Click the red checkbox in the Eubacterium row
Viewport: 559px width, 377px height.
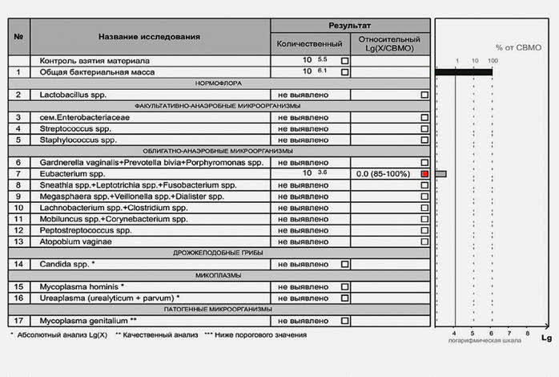pyautogui.click(x=424, y=173)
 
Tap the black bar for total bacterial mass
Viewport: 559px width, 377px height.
pyautogui.click(x=463, y=72)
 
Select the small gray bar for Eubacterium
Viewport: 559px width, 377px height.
pyautogui.click(x=440, y=173)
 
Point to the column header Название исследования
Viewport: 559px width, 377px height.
pyautogui.click(x=149, y=37)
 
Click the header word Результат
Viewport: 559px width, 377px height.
pyautogui.click(x=350, y=26)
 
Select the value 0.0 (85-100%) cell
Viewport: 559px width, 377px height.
pyautogui.click(x=384, y=173)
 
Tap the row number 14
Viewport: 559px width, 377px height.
pyautogui.click(x=18, y=264)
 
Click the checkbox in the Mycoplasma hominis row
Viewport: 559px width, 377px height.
pyautogui.click(x=344, y=286)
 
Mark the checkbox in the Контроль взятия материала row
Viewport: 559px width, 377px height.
pyautogui.click(x=344, y=61)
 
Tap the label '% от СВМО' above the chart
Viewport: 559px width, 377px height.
pyautogui.click(x=518, y=47)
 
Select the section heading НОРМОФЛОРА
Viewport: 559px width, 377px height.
pyautogui.click(x=216, y=83)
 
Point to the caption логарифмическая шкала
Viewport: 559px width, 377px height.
pyautogui.click(x=478, y=342)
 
